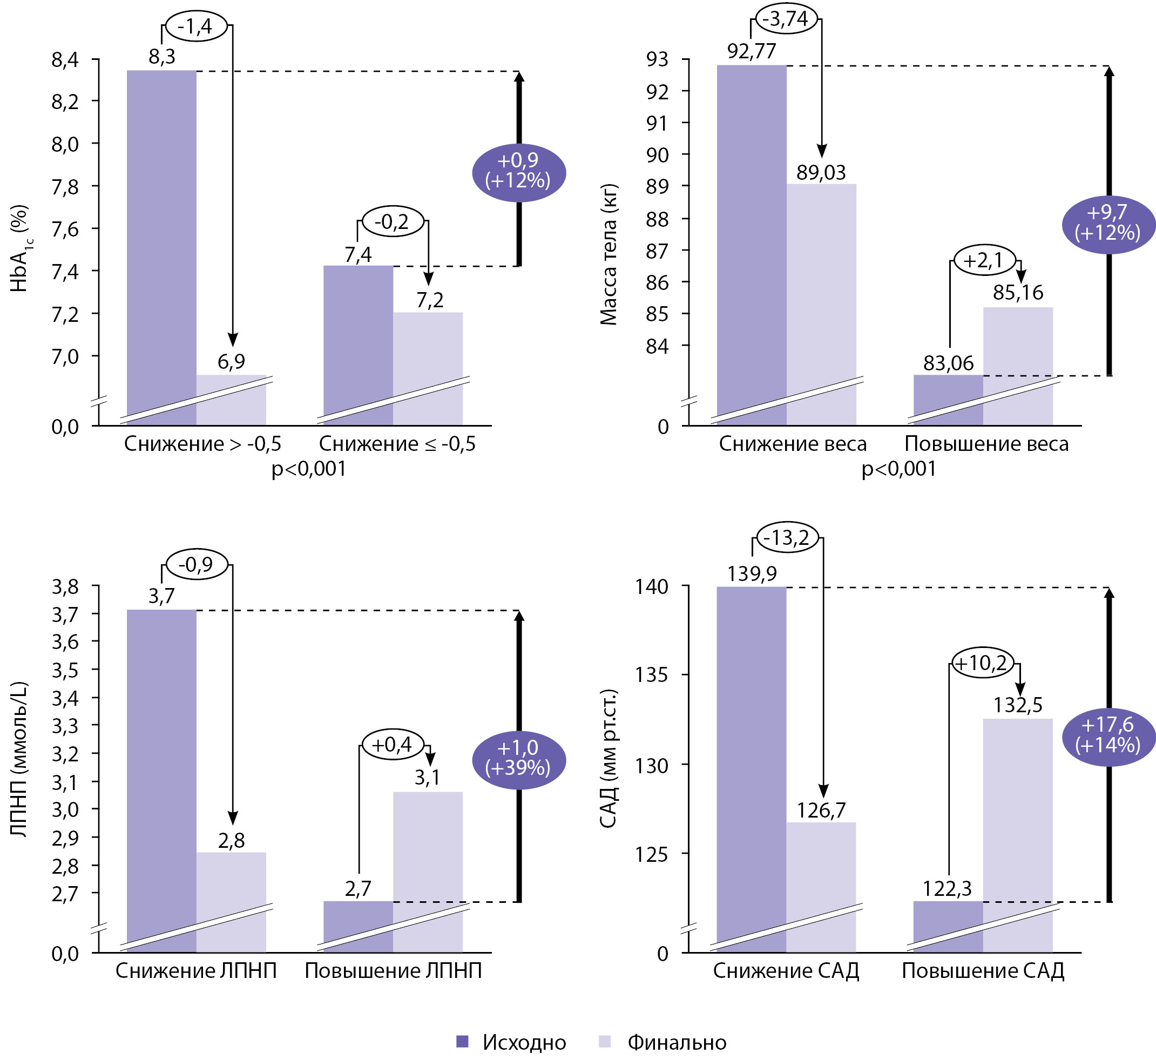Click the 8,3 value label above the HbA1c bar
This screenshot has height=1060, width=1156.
(x=161, y=57)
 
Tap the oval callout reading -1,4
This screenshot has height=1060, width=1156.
(x=197, y=26)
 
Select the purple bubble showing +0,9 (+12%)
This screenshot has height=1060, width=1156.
(x=518, y=172)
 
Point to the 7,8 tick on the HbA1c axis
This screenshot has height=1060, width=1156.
(x=65, y=186)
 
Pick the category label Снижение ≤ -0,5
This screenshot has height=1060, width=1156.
(x=397, y=444)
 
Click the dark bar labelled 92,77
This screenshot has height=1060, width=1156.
(x=751, y=241)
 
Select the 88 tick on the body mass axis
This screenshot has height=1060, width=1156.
(x=657, y=219)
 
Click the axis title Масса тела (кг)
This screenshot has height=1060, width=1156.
(x=608, y=255)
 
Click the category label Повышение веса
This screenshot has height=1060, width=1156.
(x=986, y=444)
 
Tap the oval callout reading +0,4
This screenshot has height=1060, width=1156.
(x=393, y=745)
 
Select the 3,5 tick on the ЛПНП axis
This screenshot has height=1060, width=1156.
(x=65, y=670)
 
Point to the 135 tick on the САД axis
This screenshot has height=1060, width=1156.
(x=651, y=675)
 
